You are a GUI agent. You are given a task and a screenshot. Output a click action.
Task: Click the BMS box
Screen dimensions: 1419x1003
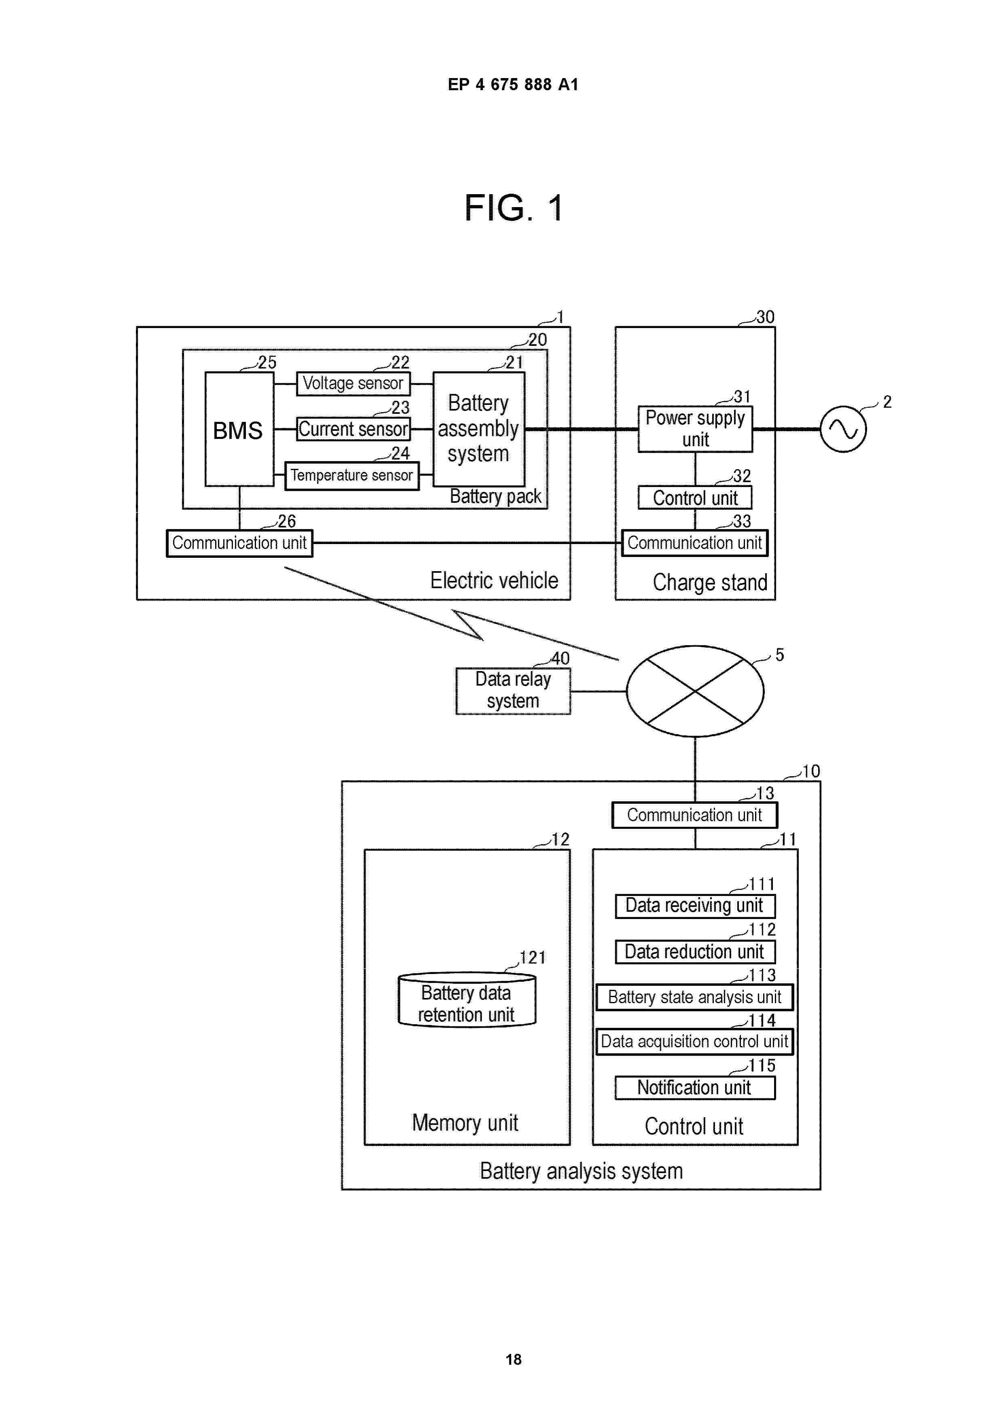(x=239, y=429)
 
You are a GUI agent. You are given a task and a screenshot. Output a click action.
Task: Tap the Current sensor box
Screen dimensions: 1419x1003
(x=353, y=429)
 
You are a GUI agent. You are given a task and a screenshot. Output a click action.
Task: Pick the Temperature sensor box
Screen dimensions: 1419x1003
(x=351, y=475)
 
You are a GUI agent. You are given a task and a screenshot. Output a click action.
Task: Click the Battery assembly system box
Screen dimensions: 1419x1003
(x=478, y=428)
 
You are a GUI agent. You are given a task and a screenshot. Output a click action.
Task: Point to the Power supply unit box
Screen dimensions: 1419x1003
(x=695, y=429)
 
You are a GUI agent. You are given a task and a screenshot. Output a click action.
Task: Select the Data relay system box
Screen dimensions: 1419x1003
(x=513, y=691)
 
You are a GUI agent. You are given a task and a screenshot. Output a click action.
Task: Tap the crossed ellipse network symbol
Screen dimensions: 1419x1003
(x=695, y=691)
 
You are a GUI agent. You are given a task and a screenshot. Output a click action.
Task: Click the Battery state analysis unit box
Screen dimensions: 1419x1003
(x=695, y=997)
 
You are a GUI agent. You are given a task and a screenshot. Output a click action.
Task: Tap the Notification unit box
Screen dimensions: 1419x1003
(x=695, y=1088)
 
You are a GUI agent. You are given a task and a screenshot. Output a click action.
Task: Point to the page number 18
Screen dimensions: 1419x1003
(x=514, y=1359)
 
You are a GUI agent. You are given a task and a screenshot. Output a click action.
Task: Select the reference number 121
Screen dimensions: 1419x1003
(x=532, y=957)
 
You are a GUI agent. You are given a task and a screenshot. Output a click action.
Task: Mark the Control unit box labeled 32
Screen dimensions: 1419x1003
(x=695, y=498)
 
